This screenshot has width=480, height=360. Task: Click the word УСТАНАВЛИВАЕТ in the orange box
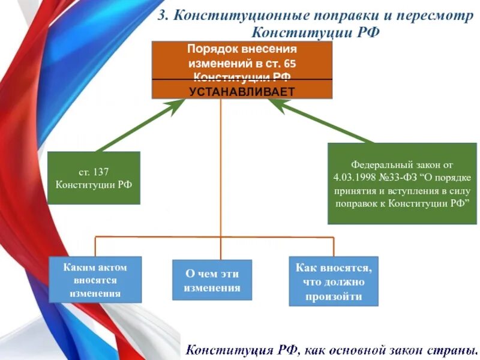[242, 91]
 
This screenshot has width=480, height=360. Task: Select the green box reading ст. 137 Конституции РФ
[94, 178]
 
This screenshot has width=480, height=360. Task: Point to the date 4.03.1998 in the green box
[355, 177]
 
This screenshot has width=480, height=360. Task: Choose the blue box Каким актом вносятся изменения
[95, 280]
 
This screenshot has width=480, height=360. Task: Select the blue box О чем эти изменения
[212, 280]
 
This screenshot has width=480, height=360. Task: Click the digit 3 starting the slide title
[161, 16]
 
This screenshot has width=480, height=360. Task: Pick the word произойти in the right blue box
[334, 296]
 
